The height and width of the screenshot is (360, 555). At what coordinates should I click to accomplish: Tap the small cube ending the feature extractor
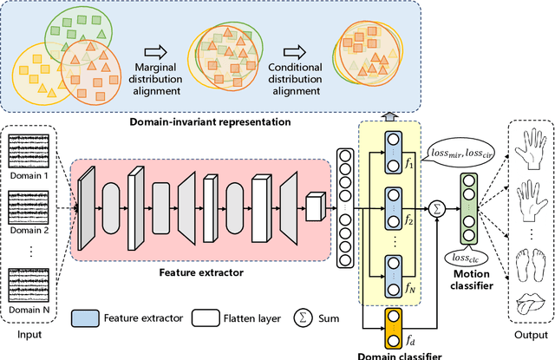(314, 205)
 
